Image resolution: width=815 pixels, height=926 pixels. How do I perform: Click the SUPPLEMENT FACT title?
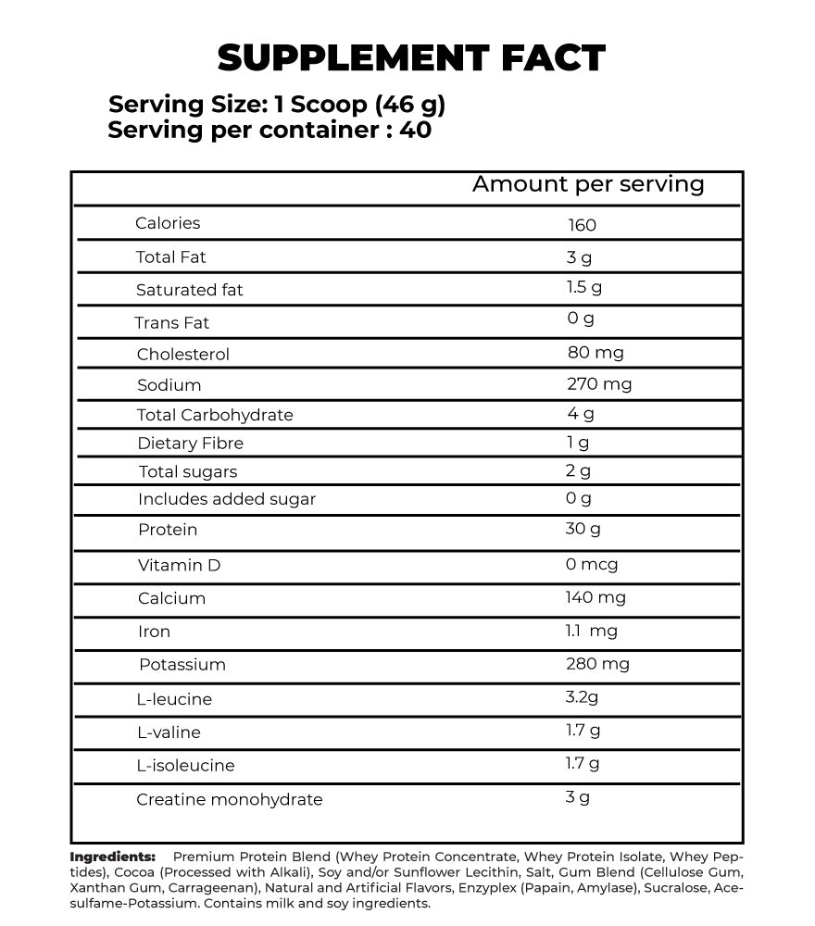click(410, 58)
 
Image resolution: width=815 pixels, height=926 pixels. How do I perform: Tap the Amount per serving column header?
click(588, 184)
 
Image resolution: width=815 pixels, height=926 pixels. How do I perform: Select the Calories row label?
click(168, 223)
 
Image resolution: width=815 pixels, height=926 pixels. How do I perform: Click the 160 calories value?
click(583, 225)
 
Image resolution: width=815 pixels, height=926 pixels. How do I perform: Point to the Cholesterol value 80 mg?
click(595, 353)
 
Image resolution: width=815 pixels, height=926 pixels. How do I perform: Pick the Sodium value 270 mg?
click(599, 383)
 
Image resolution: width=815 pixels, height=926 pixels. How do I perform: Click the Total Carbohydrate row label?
click(215, 415)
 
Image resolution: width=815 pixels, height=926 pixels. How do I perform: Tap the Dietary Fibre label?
click(190, 444)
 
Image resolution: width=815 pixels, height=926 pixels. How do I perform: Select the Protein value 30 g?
click(583, 529)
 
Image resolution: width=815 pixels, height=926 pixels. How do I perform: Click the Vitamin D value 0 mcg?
click(592, 564)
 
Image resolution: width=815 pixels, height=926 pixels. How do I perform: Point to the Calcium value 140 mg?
click(596, 597)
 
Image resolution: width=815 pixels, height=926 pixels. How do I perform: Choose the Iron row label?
click(154, 632)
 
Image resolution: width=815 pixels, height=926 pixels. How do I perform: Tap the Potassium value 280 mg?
click(597, 664)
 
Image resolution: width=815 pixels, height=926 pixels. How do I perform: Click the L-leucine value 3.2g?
click(583, 696)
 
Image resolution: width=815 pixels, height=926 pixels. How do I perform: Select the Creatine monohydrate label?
click(230, 799)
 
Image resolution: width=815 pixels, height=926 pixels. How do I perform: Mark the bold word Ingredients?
click(112, 857)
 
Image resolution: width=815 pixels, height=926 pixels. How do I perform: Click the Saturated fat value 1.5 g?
click(584, 287)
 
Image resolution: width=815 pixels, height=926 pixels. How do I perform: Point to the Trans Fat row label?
click(172, 322)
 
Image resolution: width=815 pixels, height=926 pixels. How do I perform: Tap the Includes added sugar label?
click(227, 499)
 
